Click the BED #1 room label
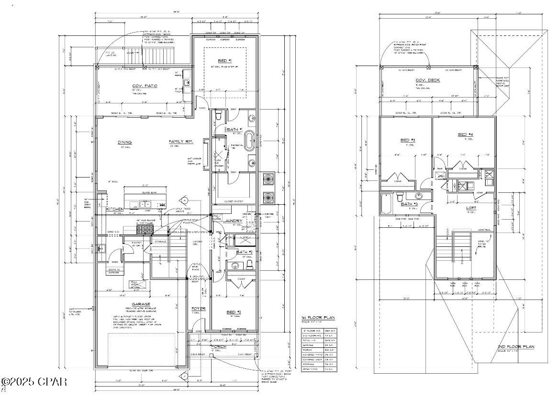point(224,61)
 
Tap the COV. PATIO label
point(145,86)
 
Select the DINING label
point(124,142)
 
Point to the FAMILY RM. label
point(180,142)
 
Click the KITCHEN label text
point(115,209)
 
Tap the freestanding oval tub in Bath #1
point(251,145)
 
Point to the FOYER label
point(198,309)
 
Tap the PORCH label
point(219,346)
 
